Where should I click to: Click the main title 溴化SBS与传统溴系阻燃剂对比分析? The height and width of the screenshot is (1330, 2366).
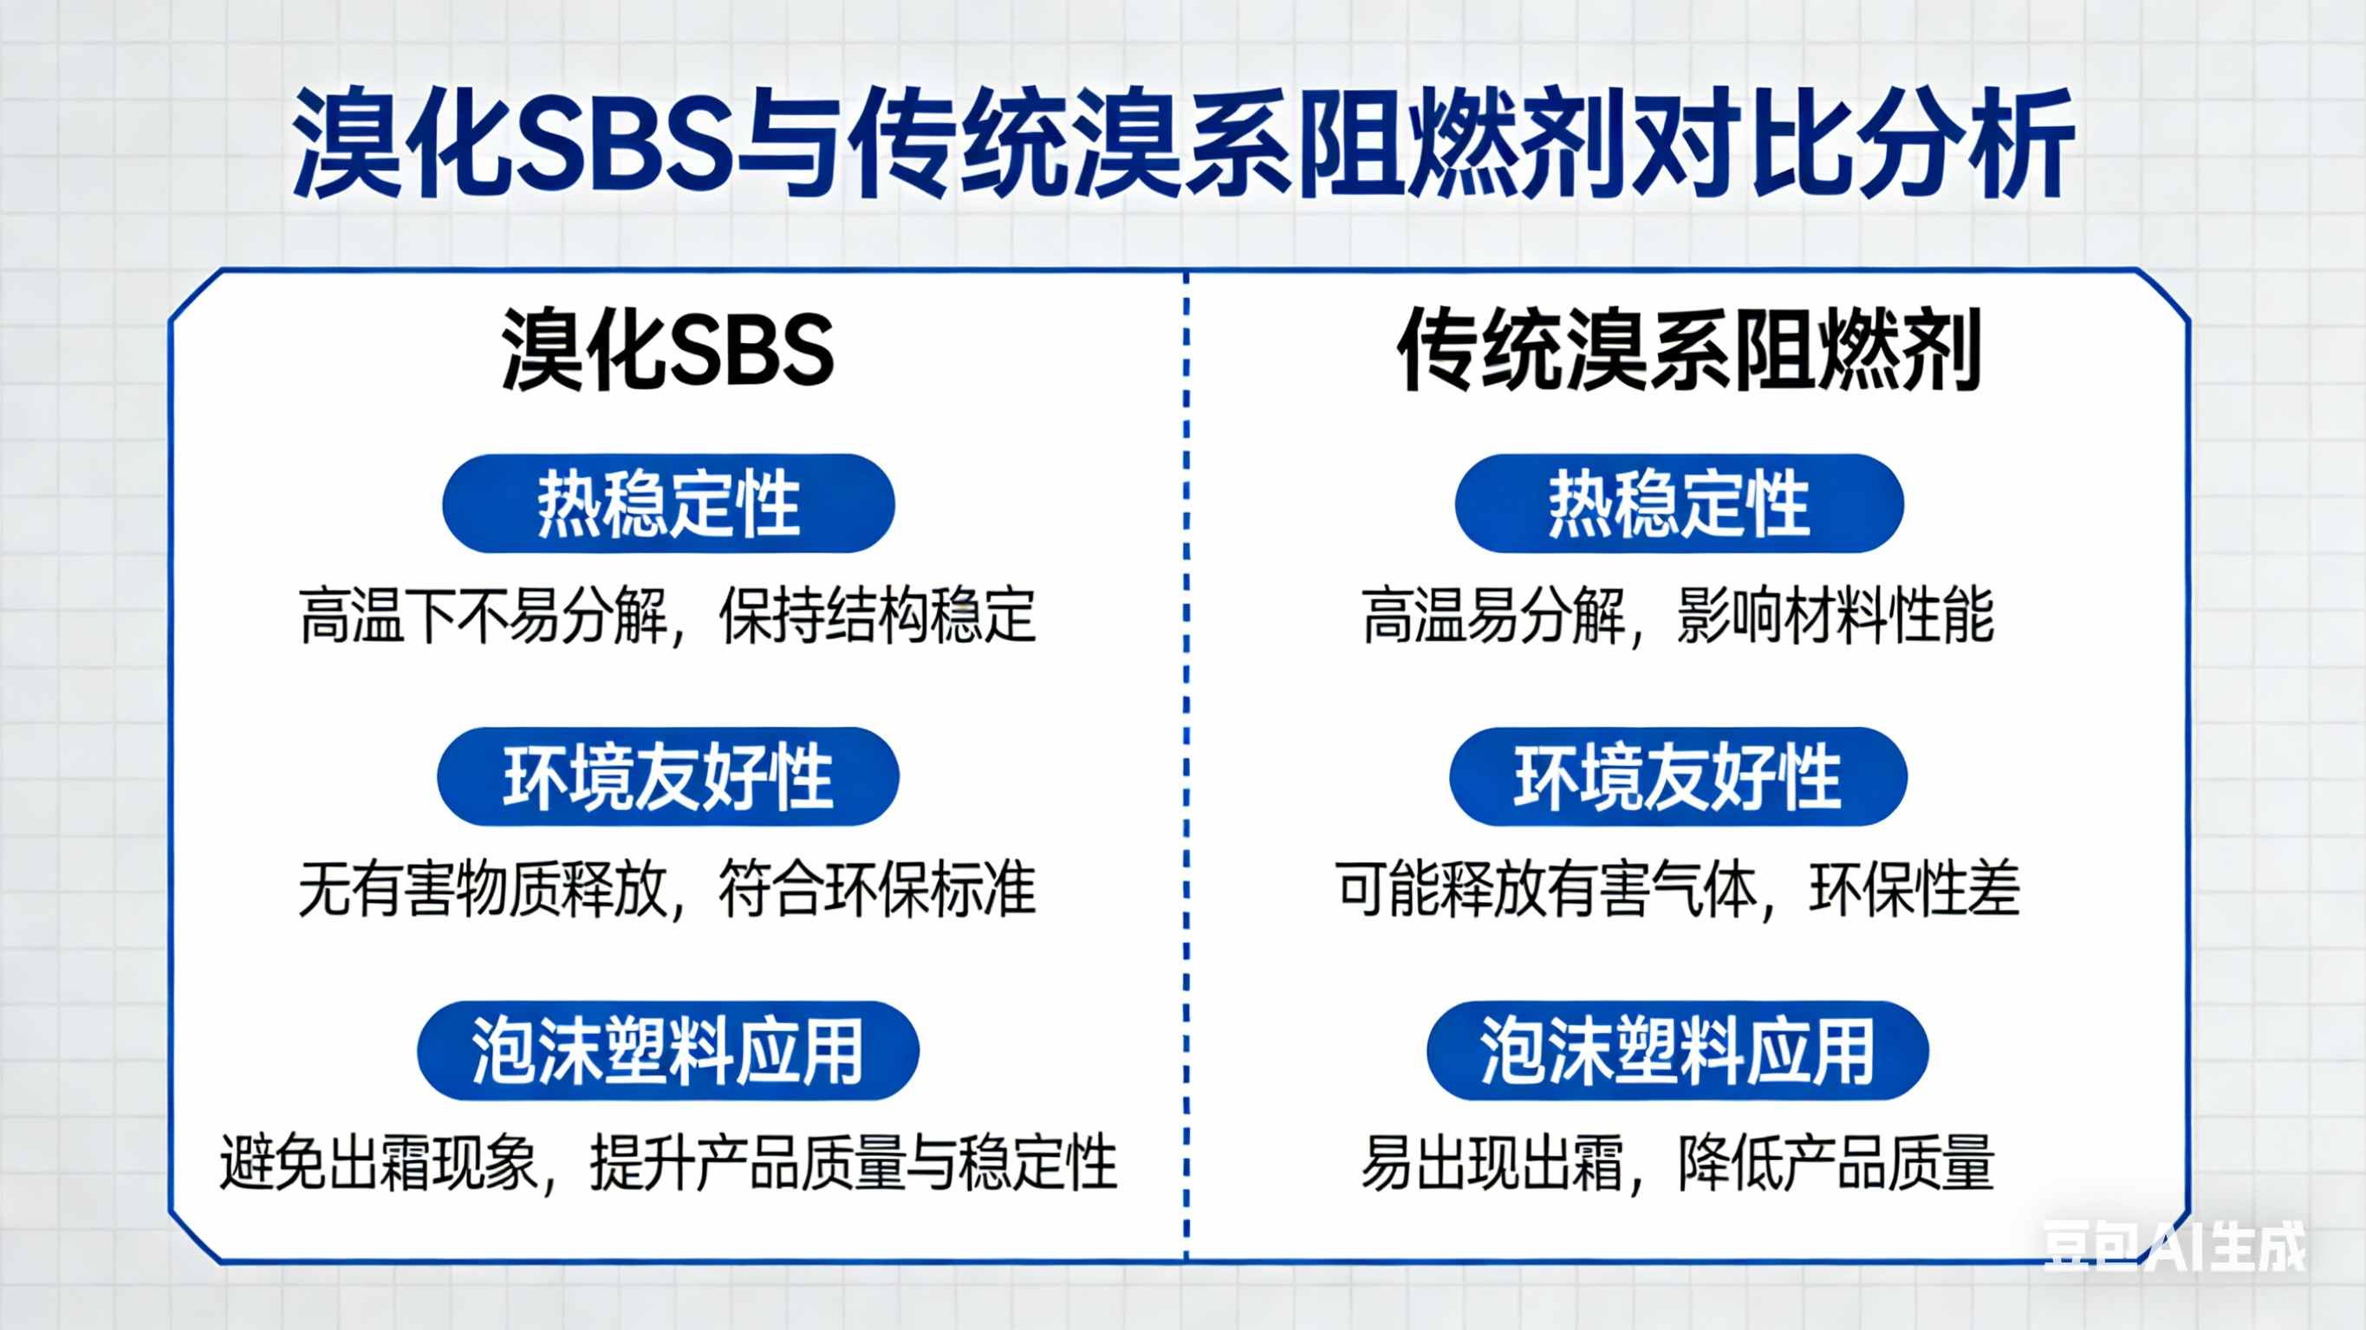1183,142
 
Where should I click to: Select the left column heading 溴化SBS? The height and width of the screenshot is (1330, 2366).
667,350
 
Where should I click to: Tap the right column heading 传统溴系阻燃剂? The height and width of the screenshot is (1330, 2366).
1688,350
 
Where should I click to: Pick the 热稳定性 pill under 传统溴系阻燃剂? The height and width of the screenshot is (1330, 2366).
1679,503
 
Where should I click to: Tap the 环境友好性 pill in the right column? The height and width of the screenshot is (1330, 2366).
1678,777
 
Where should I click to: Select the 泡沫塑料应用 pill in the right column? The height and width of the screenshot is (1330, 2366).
1677,1051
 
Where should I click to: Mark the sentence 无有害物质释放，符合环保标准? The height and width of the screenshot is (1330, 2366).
667,889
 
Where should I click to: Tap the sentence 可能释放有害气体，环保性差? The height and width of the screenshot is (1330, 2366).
1678,889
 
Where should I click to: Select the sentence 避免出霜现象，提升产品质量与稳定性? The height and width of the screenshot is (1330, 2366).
667,1163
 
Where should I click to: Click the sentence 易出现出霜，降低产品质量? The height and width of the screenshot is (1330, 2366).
1678,1163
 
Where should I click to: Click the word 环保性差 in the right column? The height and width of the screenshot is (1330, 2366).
1914,889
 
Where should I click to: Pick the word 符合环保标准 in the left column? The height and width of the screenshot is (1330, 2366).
877,889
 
